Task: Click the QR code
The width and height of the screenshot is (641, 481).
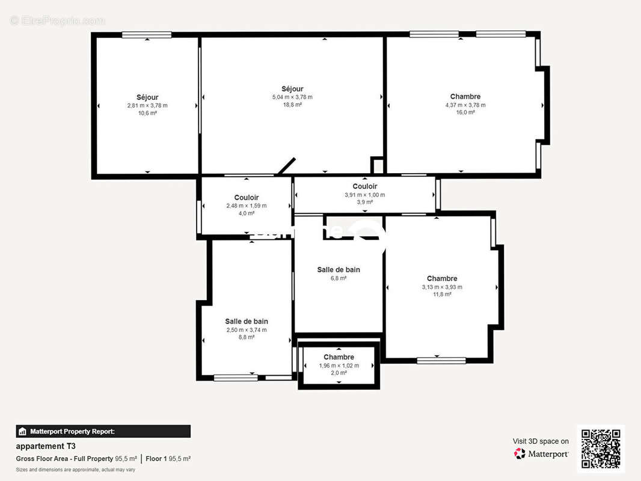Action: (601, 449)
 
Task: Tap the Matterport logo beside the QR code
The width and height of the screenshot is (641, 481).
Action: (541, 454)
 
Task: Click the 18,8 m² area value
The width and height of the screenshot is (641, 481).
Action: (292, 105)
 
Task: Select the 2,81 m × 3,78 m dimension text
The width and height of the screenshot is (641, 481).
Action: (147, 105)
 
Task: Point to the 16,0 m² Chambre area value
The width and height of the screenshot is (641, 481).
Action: (465, 112)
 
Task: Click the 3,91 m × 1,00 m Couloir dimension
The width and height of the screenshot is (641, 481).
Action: (364, 195)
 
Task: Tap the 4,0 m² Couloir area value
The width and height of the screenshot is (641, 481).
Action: (247, 213)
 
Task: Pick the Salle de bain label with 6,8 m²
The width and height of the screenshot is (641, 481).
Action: (339, 270)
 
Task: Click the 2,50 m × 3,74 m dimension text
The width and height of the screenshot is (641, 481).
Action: (247, 329)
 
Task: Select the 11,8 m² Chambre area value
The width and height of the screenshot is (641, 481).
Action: (442, 295)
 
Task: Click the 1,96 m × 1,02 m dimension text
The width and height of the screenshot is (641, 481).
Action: (339, 366)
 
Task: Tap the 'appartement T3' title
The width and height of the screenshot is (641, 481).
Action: (46, 446)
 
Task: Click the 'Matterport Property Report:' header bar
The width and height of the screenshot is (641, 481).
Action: (103, 431)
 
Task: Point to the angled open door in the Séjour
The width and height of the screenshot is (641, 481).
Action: (287, 167)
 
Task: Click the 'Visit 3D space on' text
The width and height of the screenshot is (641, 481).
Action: (541, 441)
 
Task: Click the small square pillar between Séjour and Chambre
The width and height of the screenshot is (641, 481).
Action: (377, 165)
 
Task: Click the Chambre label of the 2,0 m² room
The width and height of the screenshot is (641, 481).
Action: (339, 357)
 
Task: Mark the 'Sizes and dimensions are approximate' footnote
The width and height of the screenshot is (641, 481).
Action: (75, 470)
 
